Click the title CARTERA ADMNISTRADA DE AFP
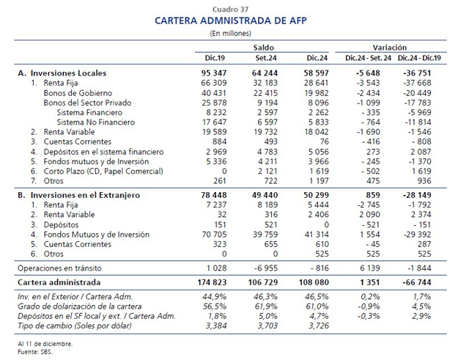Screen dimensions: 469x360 click(x=231, y=21)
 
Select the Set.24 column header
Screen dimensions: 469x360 click(x=266, y=58)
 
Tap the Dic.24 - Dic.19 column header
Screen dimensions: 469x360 click(x=419, y=58)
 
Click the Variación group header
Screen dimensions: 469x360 click(x=390, y=48)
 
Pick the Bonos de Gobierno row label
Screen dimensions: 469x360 click(x=78, y=93)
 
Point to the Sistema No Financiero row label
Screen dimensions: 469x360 click(x=96, y=122)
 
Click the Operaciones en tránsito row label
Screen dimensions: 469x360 click(x=59, y=268)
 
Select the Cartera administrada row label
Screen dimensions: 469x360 click(x=59, y=282)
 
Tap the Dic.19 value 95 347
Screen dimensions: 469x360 click(x=214, y=73)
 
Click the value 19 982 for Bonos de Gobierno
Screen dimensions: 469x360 click(x=317, y=93)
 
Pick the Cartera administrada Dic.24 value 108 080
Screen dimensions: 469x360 click(x=314, y=282)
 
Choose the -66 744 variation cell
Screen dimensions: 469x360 click(x=417, y=282)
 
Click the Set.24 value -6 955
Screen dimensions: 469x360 click(x=265, y=268)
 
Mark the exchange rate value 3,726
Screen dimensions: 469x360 click(x=319, y=326)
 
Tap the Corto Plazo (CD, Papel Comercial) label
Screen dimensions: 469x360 click(x=103, y=171)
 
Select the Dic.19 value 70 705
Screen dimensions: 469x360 click(x=214, y=235)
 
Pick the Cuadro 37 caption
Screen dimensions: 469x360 click(x=231, y=10)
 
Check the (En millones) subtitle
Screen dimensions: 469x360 click(x=230, y=33)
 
